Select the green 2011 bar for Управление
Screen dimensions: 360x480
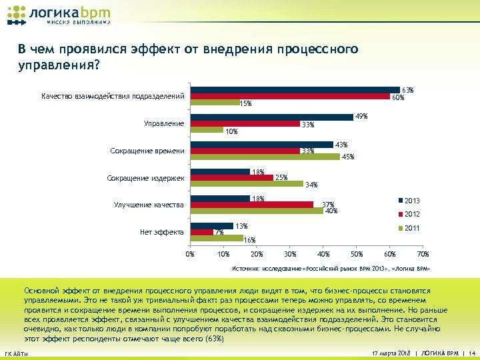click(207, 130)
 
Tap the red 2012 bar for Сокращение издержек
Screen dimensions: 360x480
click(231, 178)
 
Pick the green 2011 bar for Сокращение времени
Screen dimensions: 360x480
click(265, 157)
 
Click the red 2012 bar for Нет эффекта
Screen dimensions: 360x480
click(201, 232)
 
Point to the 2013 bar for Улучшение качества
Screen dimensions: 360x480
click(220, 198)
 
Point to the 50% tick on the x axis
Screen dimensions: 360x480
click(357, 254)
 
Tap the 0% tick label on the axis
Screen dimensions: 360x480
click(190, 254)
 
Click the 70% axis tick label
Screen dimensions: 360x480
click(423, 254)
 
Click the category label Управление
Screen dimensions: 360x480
click(164, 123)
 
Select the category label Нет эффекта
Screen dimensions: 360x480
click(162, 232)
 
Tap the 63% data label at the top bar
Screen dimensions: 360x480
click(408, 89)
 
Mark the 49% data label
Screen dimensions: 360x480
click(361, 116)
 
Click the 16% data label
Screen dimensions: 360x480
click(250, 240)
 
